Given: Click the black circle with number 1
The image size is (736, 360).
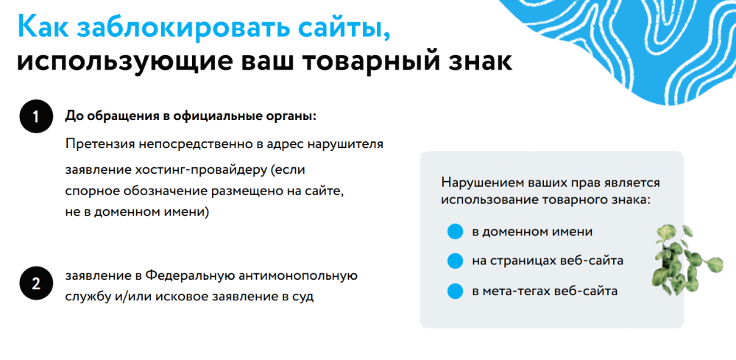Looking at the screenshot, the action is (35, 117).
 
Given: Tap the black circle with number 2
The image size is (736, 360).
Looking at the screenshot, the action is (35, 284).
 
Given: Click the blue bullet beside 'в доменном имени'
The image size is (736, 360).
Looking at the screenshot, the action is (456, 231).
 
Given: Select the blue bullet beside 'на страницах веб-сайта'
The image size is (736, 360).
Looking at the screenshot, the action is (456, 261).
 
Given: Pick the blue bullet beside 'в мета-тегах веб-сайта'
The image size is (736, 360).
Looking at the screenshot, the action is (456, 291).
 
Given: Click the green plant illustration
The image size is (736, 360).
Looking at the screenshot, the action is (686, 260).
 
